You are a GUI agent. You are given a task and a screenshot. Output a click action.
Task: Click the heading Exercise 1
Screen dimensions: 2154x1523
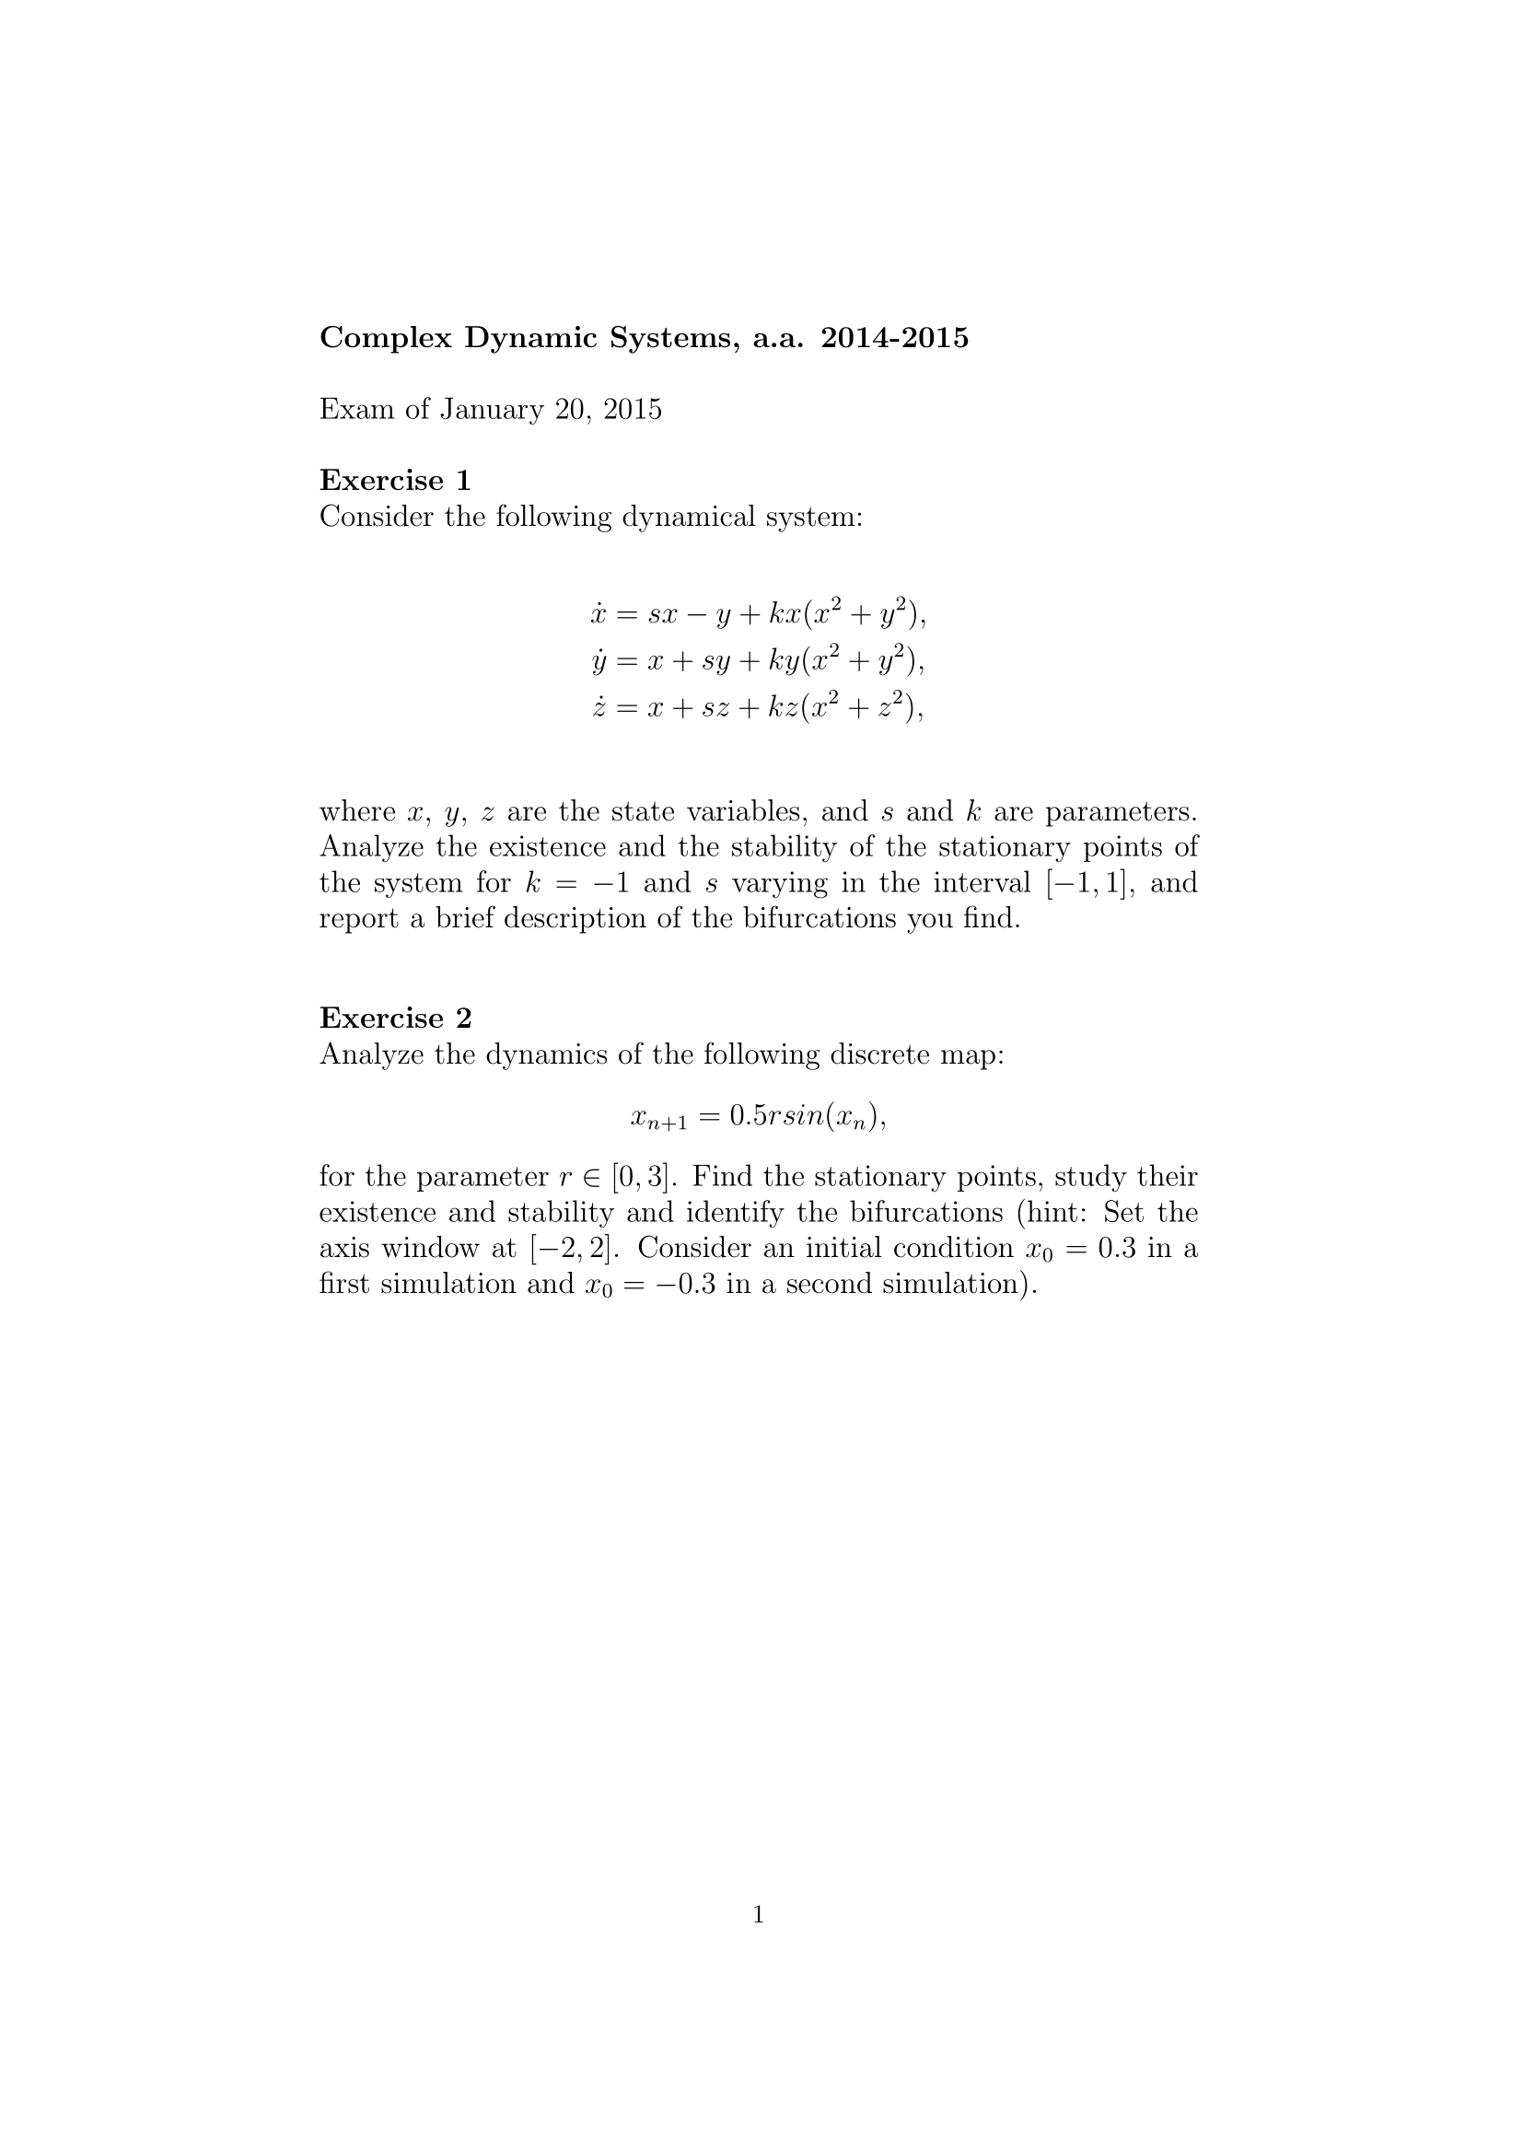pyautogui.click(x=395, y=481)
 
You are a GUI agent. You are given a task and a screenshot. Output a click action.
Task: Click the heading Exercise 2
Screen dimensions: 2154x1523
pyautogui.click(x=395, y=1018)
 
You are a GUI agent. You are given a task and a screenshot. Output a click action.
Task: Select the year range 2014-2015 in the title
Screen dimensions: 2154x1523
pyautogui.click(x=894, y=338)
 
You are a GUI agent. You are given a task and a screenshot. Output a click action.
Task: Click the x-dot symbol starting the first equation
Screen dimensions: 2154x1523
pyautogui.click(x=599, y=614)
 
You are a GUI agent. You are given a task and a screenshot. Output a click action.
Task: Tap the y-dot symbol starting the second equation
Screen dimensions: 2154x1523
pyautogui.click(x=599, y=662)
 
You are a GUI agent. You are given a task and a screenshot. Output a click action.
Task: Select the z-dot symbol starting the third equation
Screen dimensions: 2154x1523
pyautogui.click(x=599, y=707)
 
